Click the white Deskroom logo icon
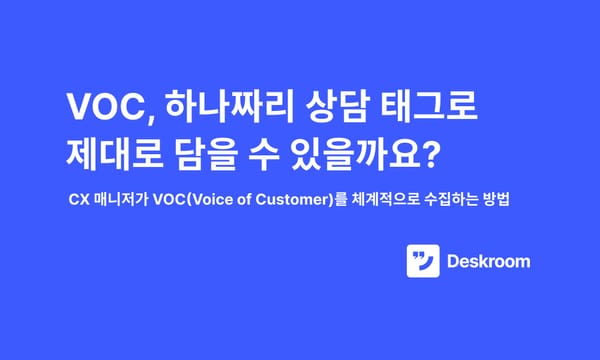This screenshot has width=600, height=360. pyautogui.click(x=423, y=262)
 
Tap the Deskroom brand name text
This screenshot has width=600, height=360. pyautogui.click(x=489, y=262)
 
